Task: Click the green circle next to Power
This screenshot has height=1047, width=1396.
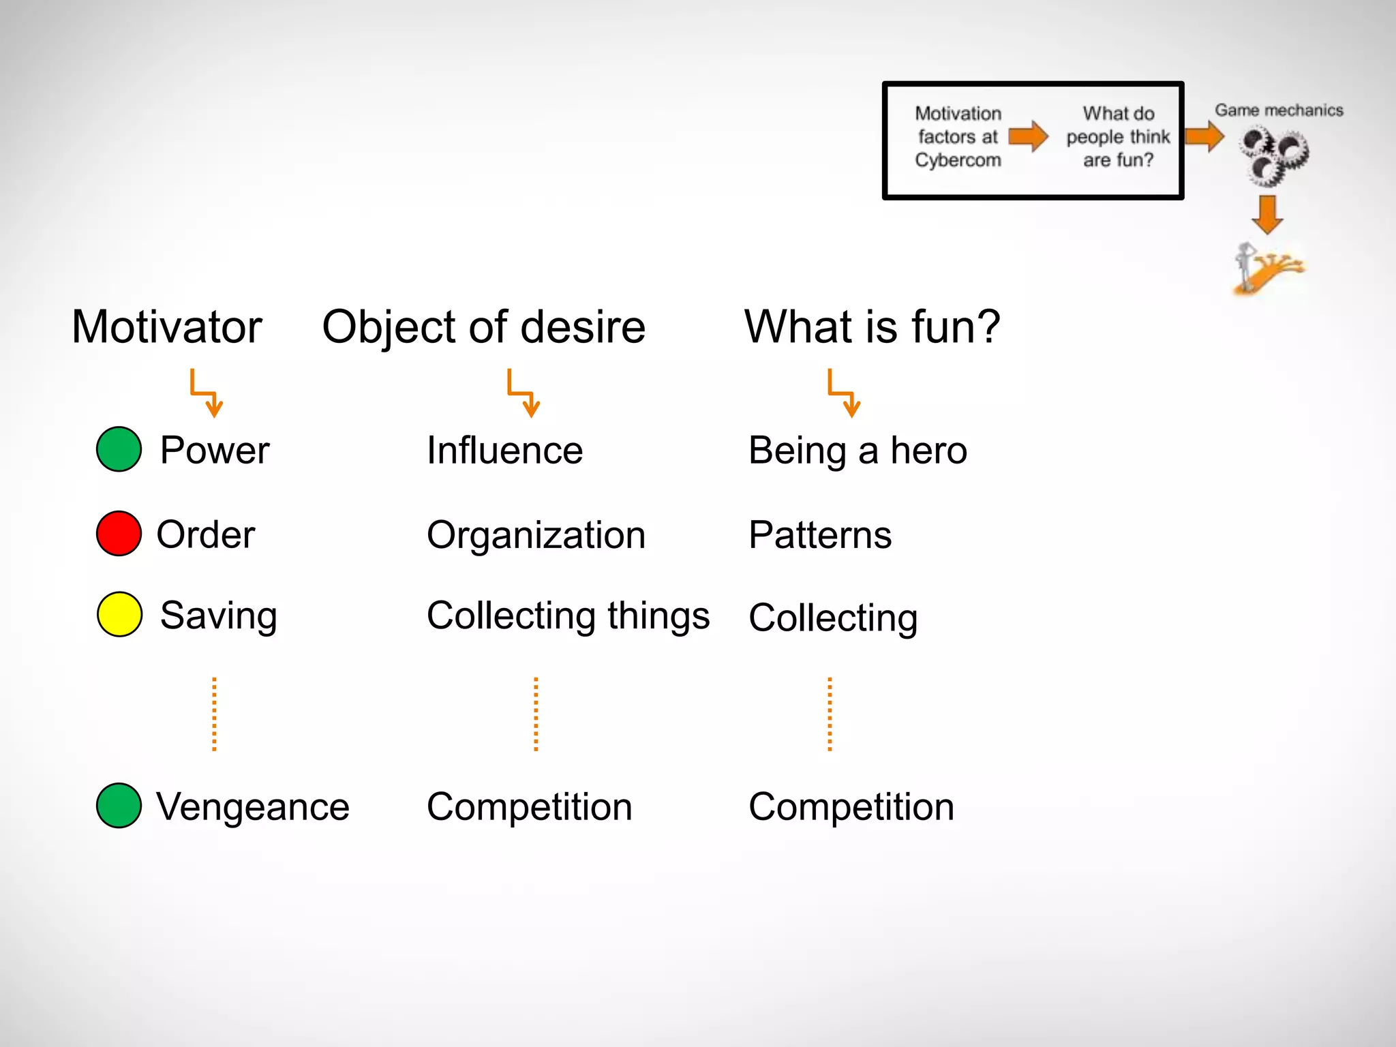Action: click(119, 449)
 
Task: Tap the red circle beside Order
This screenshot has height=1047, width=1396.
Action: click(119, 533)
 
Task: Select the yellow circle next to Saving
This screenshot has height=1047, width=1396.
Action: click(119, 614)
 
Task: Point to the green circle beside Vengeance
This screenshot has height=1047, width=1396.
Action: click(119, 805)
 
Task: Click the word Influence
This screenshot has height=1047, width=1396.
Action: click(504, 451)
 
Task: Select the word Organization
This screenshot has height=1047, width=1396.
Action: click(536, 535)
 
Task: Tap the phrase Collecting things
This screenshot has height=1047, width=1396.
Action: click(568, 616)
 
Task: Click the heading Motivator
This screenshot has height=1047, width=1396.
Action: click(167, 327)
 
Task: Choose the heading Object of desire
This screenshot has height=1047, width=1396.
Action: click(483, 327)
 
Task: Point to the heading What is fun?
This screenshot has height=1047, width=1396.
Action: click(872, 327)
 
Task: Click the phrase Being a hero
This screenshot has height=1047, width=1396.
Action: click(858, 451)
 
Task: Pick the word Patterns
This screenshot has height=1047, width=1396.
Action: click(820, 535)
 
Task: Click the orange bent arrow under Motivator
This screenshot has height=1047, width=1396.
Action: click(206, 393)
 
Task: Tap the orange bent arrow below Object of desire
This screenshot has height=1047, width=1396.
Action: click(523, 393)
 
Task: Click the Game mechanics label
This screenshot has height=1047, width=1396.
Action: click(1279, 110)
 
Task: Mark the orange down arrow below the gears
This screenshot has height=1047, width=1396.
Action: click(1267, 215)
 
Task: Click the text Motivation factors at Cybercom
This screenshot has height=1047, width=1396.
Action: click(958, 137)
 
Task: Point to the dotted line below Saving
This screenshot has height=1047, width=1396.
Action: click(214, 714)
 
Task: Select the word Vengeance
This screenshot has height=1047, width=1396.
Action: click(252, 807)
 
